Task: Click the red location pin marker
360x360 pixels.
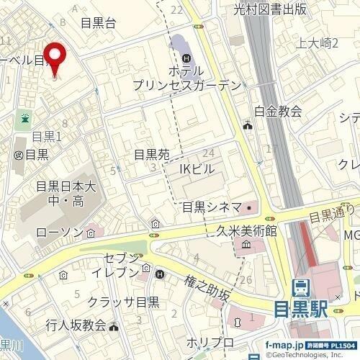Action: [56, 57]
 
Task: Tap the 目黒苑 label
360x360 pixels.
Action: [152, 154]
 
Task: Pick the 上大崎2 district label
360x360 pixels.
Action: [317, 43]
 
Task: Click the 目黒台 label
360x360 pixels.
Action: [99, 23]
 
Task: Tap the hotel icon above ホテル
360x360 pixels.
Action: [186, 58]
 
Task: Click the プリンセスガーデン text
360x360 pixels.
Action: [186, 85]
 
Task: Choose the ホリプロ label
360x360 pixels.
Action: [210, 341]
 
